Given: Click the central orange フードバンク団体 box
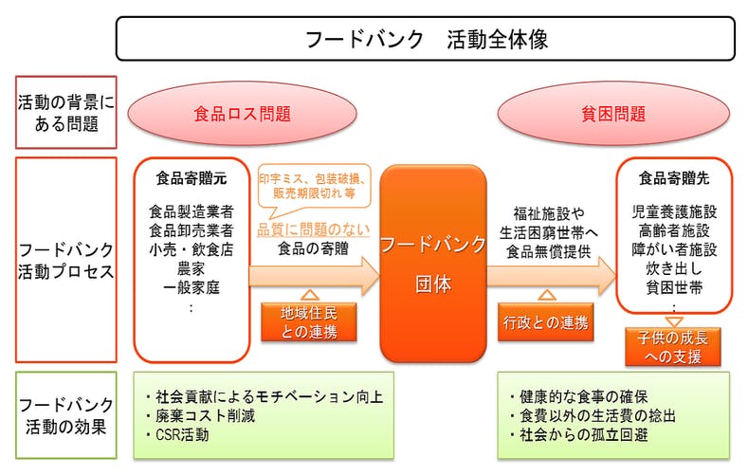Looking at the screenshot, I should click(432, 263).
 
